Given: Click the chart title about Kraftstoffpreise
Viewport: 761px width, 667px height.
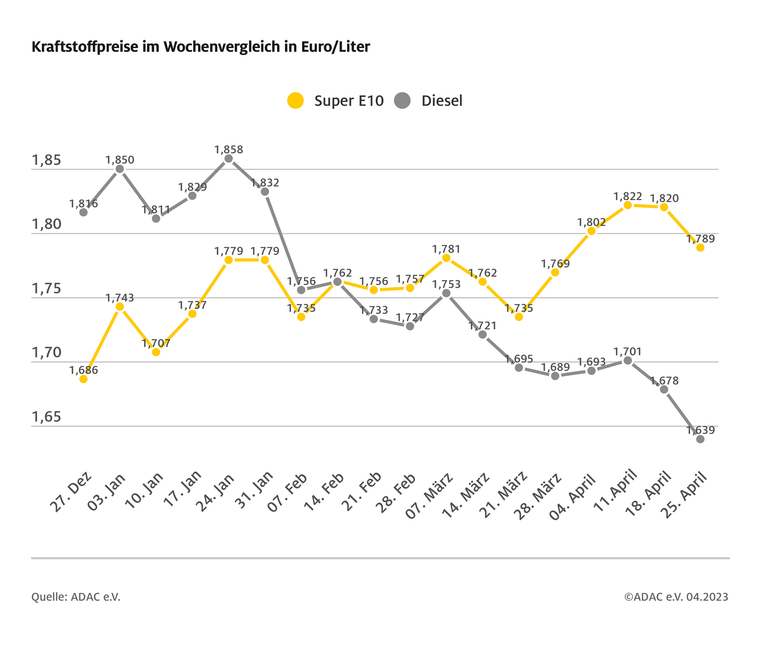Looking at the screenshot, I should point(201,47).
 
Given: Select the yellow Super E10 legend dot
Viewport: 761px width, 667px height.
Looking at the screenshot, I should point(296,100).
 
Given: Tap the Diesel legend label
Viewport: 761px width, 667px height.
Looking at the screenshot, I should point(442,101).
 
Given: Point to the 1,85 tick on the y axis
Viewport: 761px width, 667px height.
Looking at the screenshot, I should point(47,160).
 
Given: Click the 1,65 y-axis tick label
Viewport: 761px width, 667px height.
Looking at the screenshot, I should point(47,417).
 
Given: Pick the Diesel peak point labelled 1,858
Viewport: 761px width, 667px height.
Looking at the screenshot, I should point(229,159).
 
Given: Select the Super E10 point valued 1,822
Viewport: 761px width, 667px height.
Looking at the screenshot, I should point(628,205).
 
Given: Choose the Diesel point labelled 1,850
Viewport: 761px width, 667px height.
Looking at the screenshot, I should point(120,169).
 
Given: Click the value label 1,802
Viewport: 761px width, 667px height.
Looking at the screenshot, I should point(591,222).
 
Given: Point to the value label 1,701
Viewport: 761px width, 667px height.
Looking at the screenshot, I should point(627,352).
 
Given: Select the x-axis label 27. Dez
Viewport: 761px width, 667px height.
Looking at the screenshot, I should point(71,492).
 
